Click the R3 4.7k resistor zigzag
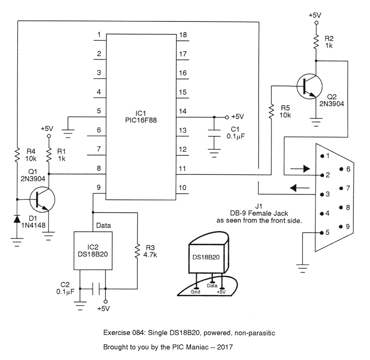137,252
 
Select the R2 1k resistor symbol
316,42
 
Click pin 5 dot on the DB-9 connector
321,232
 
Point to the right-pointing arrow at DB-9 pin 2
300,169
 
